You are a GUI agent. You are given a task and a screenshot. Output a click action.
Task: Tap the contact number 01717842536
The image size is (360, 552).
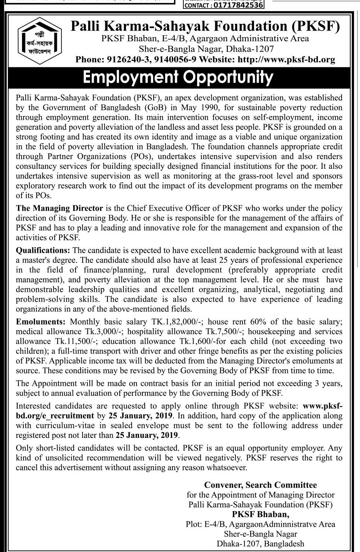coord(238,5)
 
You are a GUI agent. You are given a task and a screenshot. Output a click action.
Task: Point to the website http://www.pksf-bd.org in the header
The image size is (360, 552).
coord(286,59)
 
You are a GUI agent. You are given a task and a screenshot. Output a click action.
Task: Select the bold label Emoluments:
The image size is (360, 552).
coord(41,322)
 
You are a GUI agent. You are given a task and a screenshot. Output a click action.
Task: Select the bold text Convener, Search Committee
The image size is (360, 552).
coord(260,485)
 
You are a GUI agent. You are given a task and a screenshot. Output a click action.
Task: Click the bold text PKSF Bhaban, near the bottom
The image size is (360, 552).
coord(260,514)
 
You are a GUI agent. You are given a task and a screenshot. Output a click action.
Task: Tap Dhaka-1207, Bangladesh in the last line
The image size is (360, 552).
coord(260,544)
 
